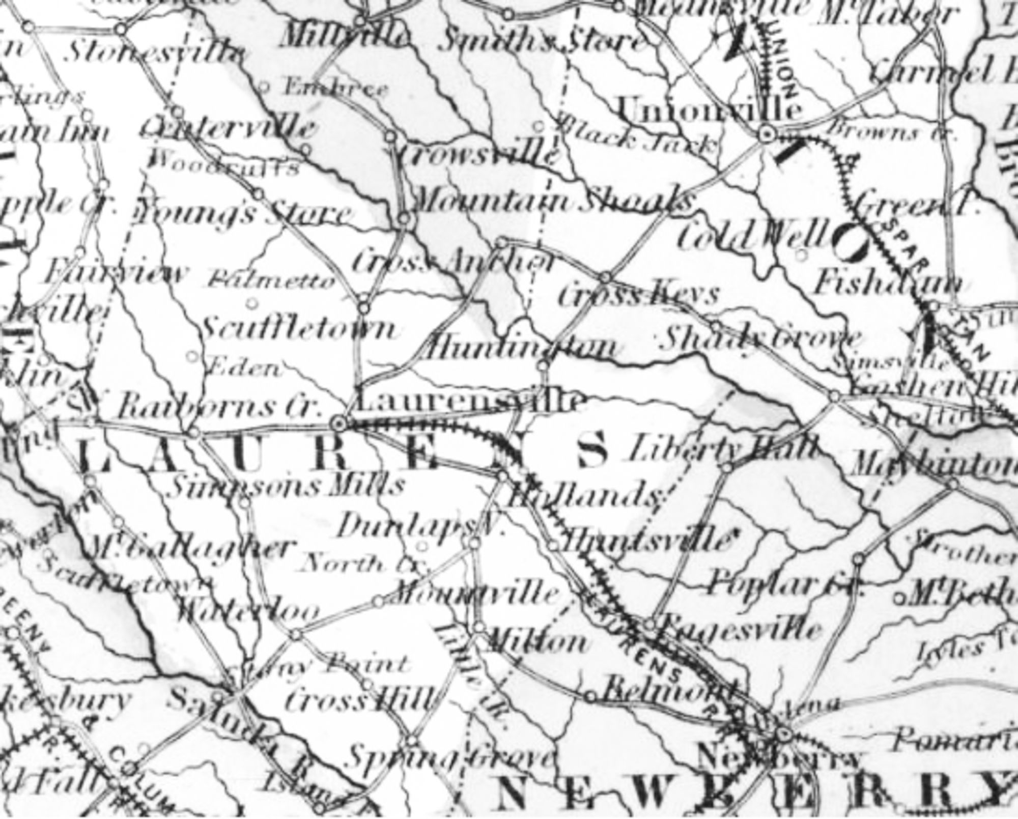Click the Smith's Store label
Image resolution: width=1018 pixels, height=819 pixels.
tap(542, 43)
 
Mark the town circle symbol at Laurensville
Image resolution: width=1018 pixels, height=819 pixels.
tap(339, 422)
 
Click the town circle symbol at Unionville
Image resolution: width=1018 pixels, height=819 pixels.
tap(766, 135)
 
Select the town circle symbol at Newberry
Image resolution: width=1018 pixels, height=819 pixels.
tap(783, 735)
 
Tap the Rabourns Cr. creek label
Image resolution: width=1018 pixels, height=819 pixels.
tap(219, 407)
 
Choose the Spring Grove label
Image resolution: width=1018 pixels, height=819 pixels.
tap(448, 758)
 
